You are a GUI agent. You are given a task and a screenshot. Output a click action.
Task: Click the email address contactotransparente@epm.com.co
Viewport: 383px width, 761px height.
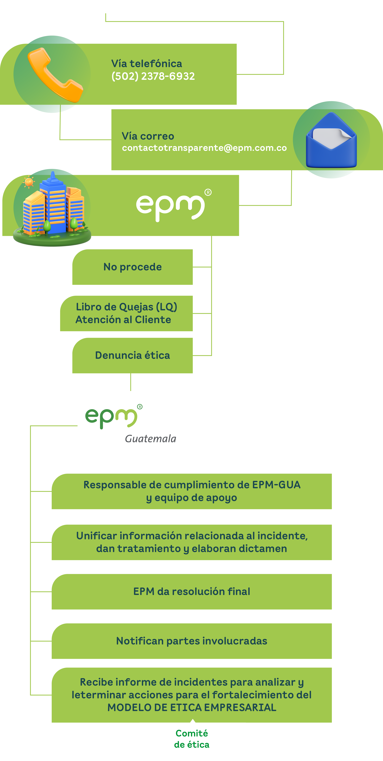204,148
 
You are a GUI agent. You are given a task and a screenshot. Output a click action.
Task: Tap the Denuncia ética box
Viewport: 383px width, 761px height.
133,355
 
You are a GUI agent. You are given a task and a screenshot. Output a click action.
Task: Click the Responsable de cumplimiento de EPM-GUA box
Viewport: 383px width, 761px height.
192,491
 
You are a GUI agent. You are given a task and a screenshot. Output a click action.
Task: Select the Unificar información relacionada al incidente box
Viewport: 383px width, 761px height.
192,542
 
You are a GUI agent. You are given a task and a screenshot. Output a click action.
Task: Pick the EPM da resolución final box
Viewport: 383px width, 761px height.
192,591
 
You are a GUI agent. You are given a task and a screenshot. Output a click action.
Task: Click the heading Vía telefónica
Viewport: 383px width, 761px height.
147,63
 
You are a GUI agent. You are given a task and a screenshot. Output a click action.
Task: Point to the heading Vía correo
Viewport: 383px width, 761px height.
148,136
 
